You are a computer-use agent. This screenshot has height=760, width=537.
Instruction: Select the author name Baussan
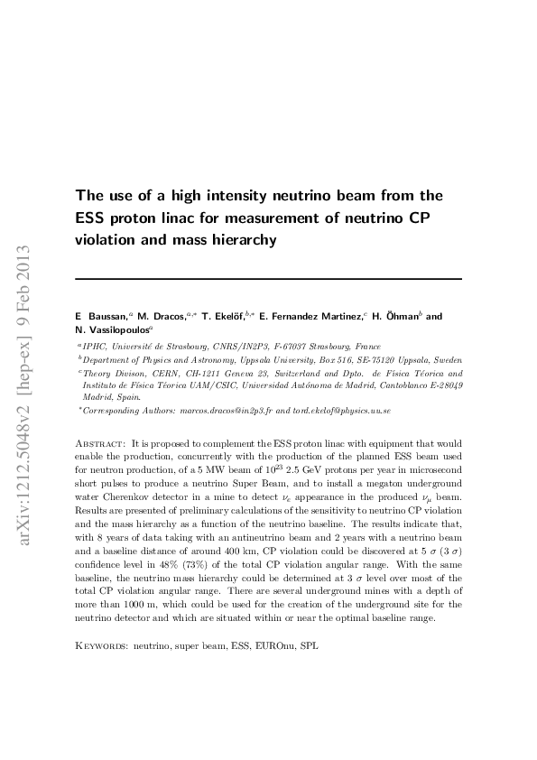pyautogui.click(x=106, y=318)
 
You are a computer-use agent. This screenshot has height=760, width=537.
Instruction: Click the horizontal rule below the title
pyautogui.click(x=268, y=279)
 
